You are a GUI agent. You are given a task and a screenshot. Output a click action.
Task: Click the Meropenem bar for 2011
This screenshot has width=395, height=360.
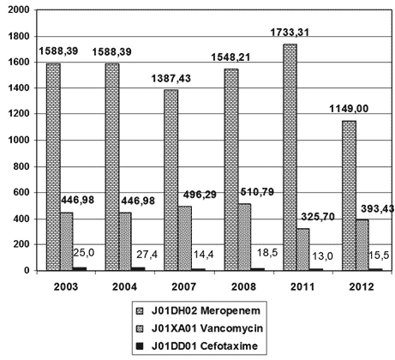pyautogui.click(x=290, y=157)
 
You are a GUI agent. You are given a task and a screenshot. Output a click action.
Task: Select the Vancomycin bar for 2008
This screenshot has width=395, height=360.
pyautogui.click(x=244, y=237)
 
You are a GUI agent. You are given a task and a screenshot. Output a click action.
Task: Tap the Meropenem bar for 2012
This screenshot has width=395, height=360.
pyautogui.click(x=349, y=195)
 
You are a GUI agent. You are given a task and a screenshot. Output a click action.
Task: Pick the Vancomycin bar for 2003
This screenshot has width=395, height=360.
pyautogui.click(x=67, y=241)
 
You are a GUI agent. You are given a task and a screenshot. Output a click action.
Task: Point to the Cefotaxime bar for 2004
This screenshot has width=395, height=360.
pyautogui.click(x=138, y=268)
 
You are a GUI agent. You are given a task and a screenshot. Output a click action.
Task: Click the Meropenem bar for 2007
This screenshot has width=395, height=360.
pyautogui.click(x=171, y=180)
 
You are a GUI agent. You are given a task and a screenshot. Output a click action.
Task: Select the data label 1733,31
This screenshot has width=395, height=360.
pyautogui.click(x=290, y=32)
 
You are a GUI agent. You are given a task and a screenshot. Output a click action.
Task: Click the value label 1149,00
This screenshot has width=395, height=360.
pyautogui.click(x=349, y=109)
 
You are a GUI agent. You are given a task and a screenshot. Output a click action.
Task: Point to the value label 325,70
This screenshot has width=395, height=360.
pyautogui.click(x=318, y=217)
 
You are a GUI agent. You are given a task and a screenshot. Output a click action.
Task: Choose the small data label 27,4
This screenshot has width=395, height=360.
pyautogui.click(x=147, y=255)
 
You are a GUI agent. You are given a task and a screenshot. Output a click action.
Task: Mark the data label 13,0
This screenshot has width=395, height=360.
pyautogui.click(x=322, y=256)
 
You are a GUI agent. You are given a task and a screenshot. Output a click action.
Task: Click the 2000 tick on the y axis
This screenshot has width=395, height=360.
pyautogui.click(x=19, y=10)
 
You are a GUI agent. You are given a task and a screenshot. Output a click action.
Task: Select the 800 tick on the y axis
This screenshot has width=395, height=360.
pyautogui.click(x=22, y=166)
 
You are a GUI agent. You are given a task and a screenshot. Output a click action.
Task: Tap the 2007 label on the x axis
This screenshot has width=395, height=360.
pyautogui.click(x=183, y=286)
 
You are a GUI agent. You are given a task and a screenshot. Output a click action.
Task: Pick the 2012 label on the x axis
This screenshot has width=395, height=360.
pyautogui.click(x=362, y=286)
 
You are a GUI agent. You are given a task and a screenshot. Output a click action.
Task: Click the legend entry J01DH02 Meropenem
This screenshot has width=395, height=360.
pyautogui.click(x=199, y=310)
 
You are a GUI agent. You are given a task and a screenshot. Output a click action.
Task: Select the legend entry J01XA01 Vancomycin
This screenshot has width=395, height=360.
pyautogui.click(x=200, y=328)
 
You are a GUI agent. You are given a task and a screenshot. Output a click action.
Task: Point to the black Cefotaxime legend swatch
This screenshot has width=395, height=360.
pyautogui.click(x=140, y=346)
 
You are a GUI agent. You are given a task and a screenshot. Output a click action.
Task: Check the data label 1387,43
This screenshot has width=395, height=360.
pyautogui.click(x=171, y=78)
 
